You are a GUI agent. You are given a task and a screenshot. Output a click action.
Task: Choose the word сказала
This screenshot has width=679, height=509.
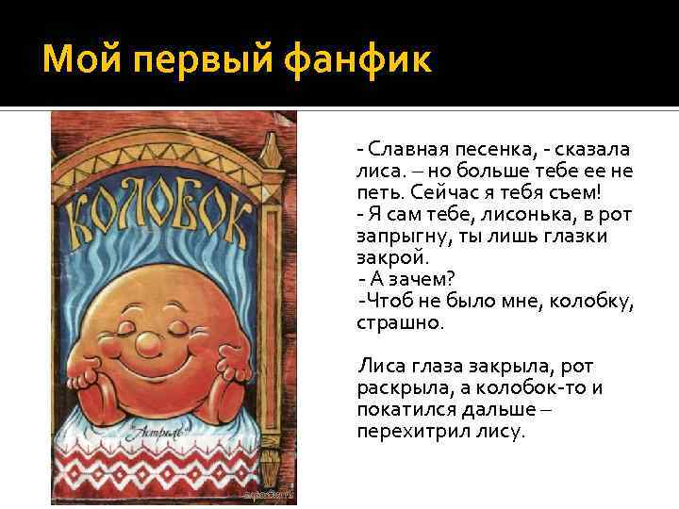[593, 149]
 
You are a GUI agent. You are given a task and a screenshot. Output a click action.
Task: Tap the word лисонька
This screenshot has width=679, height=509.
[507, 214]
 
